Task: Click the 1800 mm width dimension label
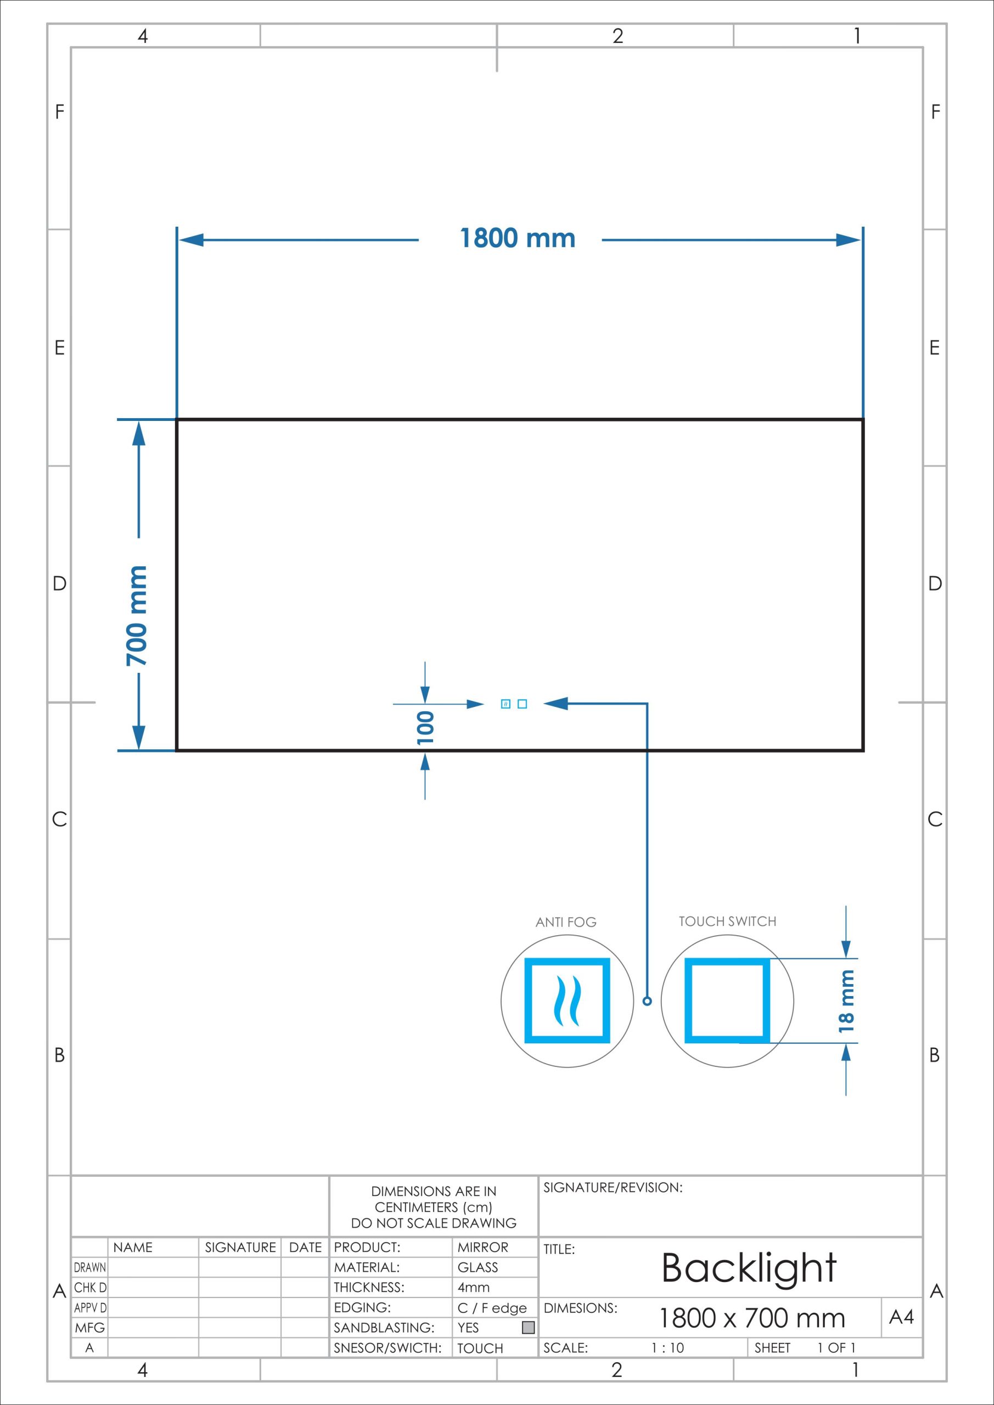pos(517,238)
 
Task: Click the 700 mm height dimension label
pos(137,616)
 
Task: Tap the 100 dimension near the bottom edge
pos(425,727)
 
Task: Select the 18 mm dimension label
pos(846,1001)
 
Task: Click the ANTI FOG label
pos(565,922)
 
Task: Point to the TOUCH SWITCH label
pos(727,921)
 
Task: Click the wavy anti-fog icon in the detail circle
pos(567,1001)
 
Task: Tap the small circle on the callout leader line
pos(648,1001)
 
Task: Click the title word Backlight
pos(749,1267)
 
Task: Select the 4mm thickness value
pos(474,1288)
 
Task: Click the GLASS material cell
pos(478,1267)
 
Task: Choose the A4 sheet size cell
pos(902,1317)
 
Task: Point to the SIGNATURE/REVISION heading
pos(613,1188)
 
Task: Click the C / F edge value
pos(492,1308)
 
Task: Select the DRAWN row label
pos(90,1267)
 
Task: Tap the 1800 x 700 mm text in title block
pos(751,1318)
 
